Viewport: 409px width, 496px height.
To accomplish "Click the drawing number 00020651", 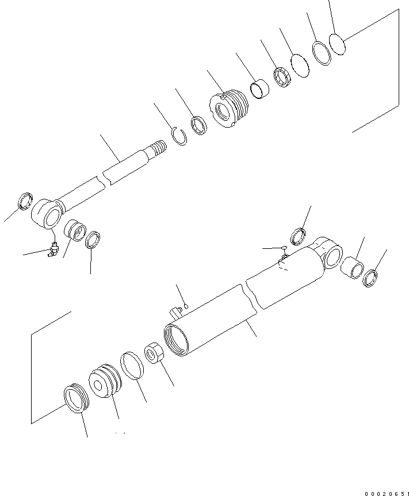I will pyautogui.click(x=385, y=493).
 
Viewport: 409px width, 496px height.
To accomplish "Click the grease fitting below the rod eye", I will pyautogui.click(x=53, y=248).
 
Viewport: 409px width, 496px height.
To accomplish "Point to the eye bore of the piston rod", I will pyautogui.click(x=51, y=218).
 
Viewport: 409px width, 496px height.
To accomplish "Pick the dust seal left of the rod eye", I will pyautogui.click(x=25, y=202).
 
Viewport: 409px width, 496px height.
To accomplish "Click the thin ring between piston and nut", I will pyautogui.click(x=132, y=366).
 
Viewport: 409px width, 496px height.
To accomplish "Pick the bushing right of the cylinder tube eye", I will pyautogui.click(x=353, y=267).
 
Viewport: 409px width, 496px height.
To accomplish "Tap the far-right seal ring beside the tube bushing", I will pyautogui.click(x=371, y=278).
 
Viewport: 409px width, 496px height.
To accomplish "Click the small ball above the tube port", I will pyautogui.click(x=185, y=305).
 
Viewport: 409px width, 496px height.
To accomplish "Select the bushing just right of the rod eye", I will pyautogui.click(x=74, y=229).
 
